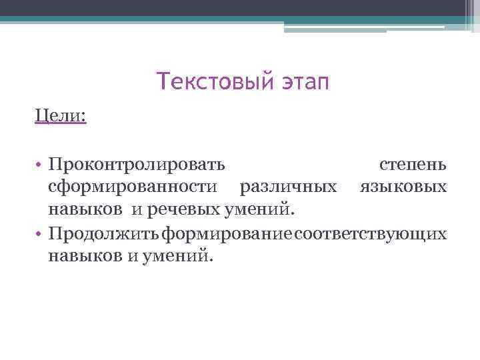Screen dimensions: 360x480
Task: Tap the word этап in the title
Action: coord(303,83)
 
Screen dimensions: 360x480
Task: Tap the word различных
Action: coord(289,187)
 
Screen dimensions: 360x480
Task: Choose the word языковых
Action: coord(403,187)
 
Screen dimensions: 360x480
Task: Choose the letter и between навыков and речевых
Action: coord(136,211)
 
